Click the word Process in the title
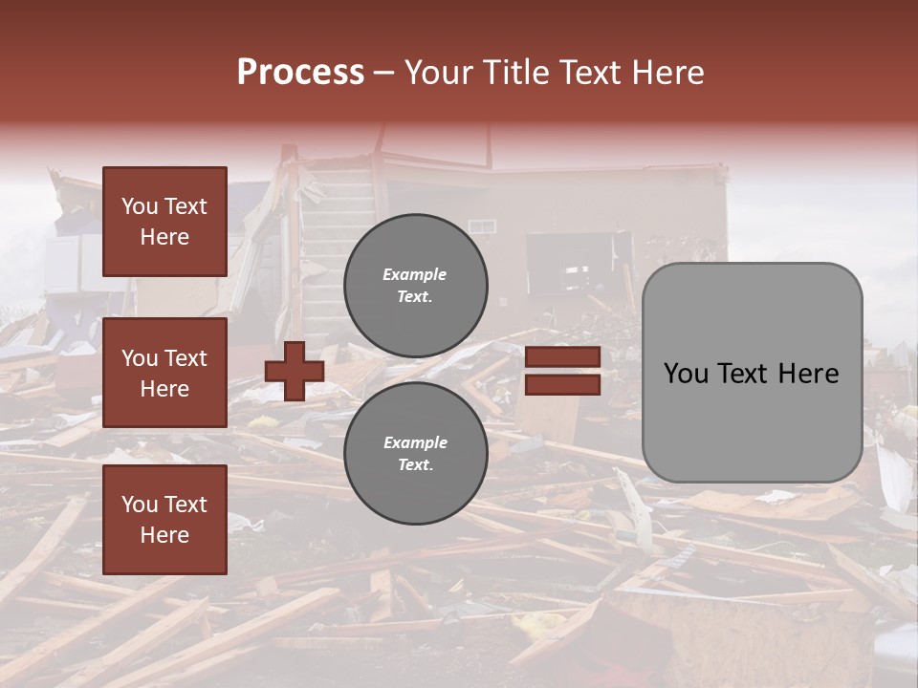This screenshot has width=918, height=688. pos(300,73)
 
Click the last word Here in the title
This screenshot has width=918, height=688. pos(667,73)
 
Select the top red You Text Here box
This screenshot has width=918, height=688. pos(164,222)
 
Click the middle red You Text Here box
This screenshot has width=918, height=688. pos(164,373)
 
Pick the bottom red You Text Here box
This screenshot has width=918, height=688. pos(164,520)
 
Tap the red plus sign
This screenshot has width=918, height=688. pos(294,371)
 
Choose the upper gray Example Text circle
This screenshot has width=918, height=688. pos(415,286)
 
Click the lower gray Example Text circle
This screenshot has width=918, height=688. pos(415,454)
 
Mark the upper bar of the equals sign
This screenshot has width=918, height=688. pos(562,356)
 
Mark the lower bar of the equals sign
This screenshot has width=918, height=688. pos(562,384)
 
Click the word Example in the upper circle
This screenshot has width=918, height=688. pos(414,274)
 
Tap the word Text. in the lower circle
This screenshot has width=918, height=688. pos(415,465)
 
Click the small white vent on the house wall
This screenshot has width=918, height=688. pos(482,226)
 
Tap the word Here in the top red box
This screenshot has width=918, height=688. pos(164,237)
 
